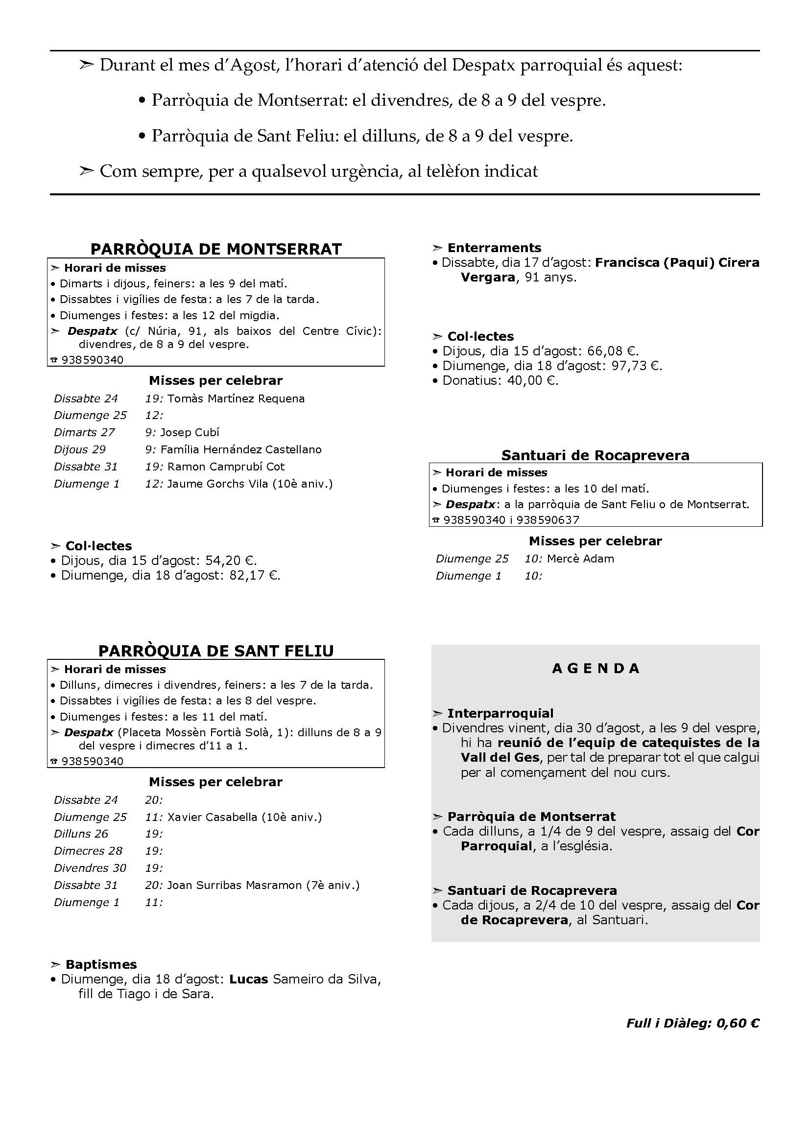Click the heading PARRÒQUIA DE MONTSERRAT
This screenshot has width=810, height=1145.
[216, 249]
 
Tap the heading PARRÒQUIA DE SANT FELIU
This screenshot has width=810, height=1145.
[216, 651]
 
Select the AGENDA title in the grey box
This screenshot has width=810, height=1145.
[596, 668]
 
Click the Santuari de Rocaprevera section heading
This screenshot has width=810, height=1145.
[596, 455]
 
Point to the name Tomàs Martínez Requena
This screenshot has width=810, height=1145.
[236, 398]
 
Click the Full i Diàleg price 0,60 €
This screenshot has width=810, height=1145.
[738, 1023]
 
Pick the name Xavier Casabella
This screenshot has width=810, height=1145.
[212, 817]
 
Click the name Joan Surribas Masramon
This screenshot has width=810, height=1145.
[235, 885]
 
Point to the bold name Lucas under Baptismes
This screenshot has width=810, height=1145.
[248, 980]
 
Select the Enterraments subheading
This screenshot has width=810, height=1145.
[494, 248]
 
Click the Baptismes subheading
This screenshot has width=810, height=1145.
[101, 964]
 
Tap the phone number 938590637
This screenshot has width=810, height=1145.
[548, 520]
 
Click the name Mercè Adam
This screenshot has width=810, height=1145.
[581, 559]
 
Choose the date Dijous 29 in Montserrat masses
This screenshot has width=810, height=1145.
[80, 449]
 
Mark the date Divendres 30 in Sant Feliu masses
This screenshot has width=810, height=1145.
[90, 868]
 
